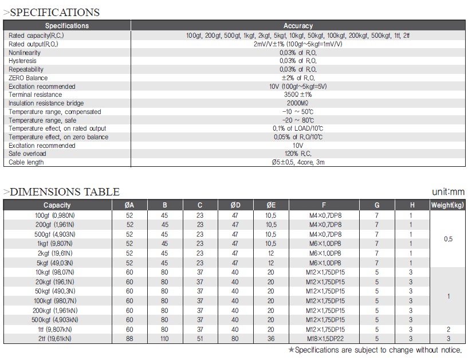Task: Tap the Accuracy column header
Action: [x=298, y=26]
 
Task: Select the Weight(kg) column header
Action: [x=448, y=205]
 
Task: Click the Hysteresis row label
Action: [x=23, y=61]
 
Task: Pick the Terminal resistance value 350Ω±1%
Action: [x=298, y=95]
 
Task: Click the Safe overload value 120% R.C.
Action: [x=298, y=154]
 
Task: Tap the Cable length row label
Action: [x=26, y=162]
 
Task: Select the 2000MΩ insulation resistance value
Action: [x=298, y=103]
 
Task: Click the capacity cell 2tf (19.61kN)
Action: [x=53, y=339]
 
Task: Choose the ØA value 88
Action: [x=129, y=339]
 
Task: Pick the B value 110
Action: [x=164, y=339]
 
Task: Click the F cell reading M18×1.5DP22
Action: [x=324, y=339]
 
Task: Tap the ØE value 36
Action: [x=271, y=339]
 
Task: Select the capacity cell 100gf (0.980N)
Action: [x=54, y=214]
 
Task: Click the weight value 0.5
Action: [x=448, y=239]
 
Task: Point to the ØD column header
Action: [x=235, y=205]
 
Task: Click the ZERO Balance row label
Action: [x=28, y=78]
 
